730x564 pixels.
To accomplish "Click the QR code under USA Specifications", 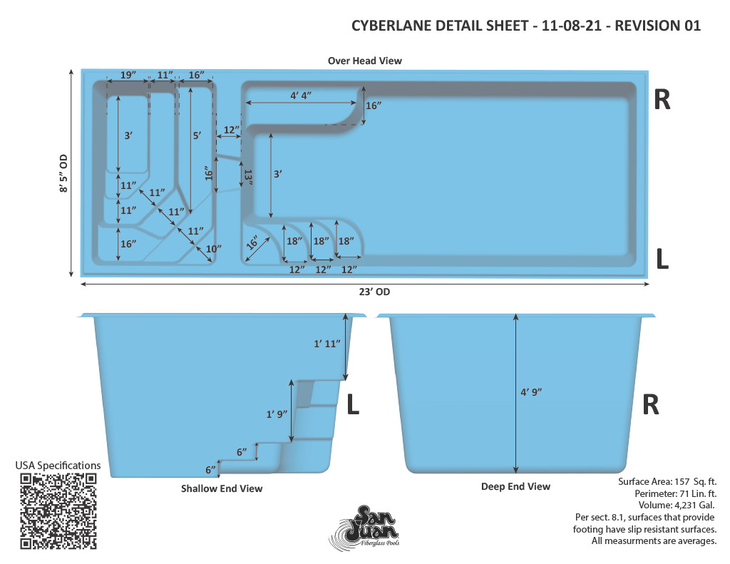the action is pos(58,511).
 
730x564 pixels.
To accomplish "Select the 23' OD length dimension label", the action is pos(374,292).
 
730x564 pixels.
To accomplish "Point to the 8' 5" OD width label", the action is pos(63,173).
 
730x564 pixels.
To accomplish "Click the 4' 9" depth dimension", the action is pos(531,392).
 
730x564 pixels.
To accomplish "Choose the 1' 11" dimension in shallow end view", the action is pos(327,344).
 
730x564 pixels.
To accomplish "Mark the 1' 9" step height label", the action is pos(277,414).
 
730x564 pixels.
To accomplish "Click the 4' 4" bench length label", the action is pos(301,96).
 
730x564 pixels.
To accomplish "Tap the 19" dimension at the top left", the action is pos(128,75).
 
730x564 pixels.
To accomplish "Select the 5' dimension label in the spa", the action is pos(197,135).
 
